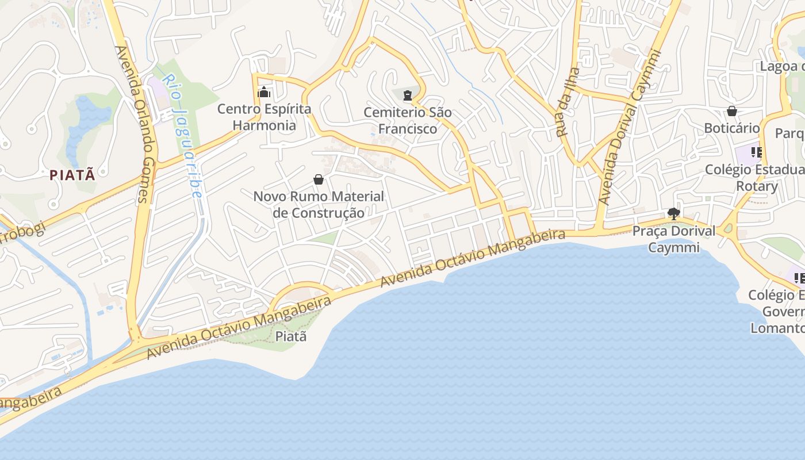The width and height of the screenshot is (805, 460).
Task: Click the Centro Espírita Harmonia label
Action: click(264, 117)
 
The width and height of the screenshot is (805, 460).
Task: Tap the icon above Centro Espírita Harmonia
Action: click(264, 92)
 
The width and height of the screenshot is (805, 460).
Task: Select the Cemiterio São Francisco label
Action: click(408, 121)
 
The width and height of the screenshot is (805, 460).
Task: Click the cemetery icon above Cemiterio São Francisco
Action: click(408, 95)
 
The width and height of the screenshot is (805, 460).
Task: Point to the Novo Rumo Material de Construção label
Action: click(319, 205)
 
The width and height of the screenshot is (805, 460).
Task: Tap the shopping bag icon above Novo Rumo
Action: click(319, 180)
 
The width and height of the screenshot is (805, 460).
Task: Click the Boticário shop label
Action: click(732, 128)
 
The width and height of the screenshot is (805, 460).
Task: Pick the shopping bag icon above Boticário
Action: click(732, 111)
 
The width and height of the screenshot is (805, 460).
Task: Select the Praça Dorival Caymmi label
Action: click(674, 239)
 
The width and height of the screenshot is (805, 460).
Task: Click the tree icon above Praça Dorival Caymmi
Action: click(674, 214)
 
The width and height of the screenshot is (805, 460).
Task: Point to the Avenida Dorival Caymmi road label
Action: click(630, 128)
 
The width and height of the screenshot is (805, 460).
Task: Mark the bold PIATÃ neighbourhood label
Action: click(72, 175)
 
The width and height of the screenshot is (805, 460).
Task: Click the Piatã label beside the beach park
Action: click(292, 336)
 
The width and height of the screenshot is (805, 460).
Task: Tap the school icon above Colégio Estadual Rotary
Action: click(756, 152)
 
